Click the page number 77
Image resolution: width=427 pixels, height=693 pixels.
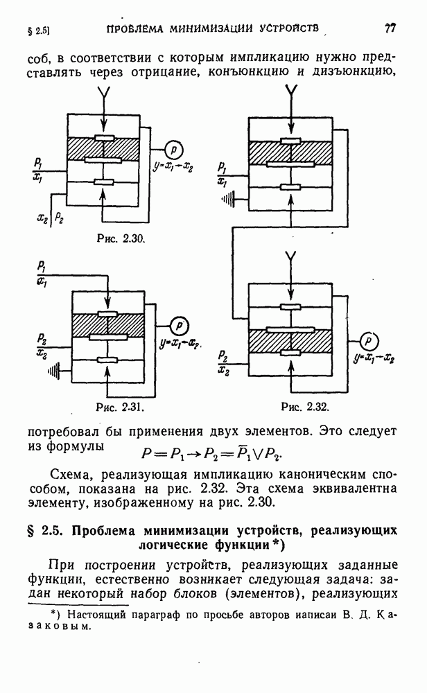click(x=390, y=28)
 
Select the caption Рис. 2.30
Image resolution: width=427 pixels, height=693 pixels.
click(x=121, y=238)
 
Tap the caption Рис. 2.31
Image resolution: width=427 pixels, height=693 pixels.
click(x=121, y=406)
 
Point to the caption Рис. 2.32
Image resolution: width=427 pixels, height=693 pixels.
click(x=305, y=406)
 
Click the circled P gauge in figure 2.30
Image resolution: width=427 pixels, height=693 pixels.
click(x=174, y=150)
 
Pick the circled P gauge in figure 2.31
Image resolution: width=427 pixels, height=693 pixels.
click(x=179, y=326)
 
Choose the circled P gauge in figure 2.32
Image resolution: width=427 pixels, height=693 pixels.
click(x=369, y=341)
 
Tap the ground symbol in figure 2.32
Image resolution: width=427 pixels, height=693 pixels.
click(x=227, y=200)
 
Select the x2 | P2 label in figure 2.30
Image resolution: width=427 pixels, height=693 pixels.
click(x=50, y=218)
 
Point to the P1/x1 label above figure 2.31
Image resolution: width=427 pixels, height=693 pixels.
click(x=42, y=274)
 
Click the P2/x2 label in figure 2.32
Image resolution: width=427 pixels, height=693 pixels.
click(x=224, y=363)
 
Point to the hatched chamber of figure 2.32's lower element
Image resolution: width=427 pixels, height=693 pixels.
click(x=290, y=341)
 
